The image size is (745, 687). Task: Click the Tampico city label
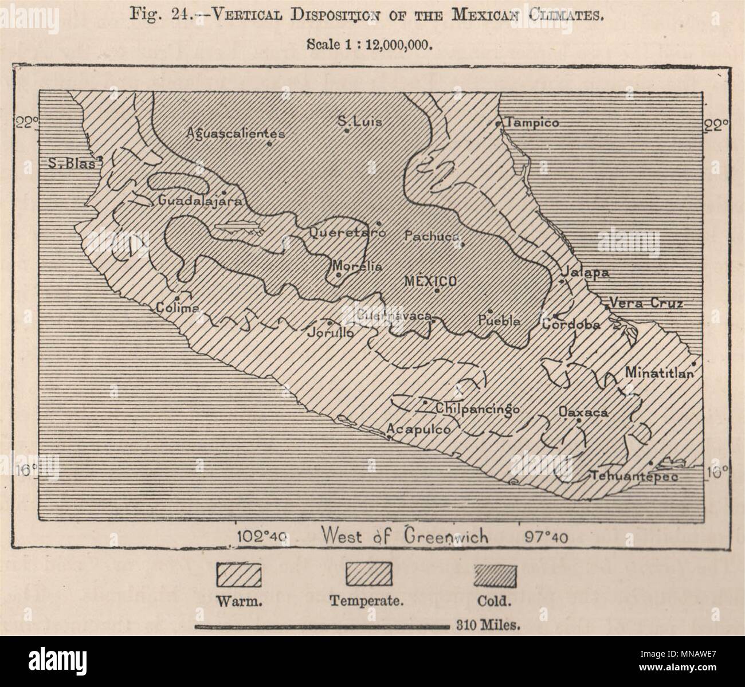point(531,123)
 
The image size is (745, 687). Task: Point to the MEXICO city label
point(430,281)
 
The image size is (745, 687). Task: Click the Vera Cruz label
point(646,303)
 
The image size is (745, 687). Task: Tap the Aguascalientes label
point(236,133)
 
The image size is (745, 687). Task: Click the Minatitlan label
point(659,372)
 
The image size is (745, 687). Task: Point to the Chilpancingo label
point(477,409)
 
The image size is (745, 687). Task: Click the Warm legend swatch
point(238,576)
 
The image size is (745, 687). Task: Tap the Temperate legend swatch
point(368,576)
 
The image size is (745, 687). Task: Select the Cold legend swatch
point(496,576)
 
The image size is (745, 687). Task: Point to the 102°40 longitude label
point(262,537)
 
